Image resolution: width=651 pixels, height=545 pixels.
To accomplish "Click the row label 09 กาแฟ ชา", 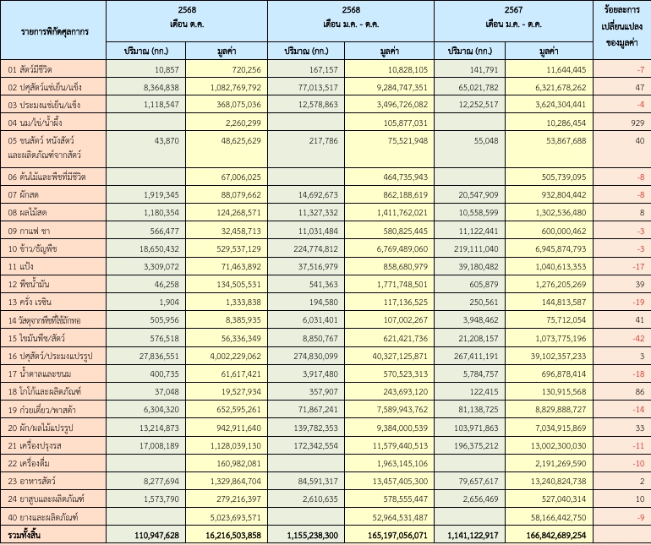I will click(30, 231).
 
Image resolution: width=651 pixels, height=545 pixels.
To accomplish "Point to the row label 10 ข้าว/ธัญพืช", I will click(36, 250).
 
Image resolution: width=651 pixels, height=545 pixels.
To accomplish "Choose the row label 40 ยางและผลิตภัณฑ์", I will click(44, 517).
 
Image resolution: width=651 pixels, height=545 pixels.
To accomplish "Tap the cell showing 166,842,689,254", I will click(551, 536).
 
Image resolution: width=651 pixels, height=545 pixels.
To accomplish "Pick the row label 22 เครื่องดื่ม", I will click(33, 462).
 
